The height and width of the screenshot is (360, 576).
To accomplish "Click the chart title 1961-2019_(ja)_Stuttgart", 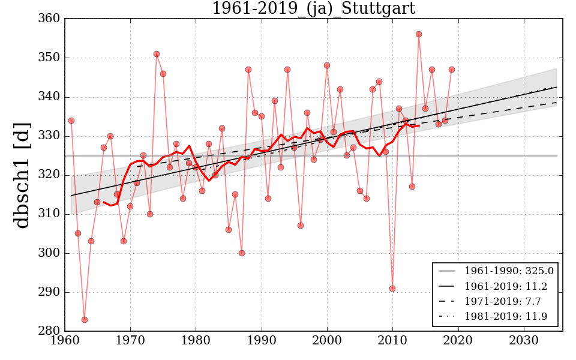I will pos(313,8).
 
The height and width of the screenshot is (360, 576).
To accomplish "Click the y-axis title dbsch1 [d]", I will pos(22,175).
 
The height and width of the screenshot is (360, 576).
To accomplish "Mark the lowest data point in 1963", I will pos(85,320).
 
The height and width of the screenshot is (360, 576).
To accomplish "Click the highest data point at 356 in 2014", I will pos(419,34).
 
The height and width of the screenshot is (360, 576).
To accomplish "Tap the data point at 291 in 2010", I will pos(392,289).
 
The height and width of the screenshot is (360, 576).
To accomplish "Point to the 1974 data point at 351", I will pos(157,54).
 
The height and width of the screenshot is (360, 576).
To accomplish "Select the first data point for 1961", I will pos(71,121).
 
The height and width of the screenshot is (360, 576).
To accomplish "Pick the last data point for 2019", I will pos(452,70).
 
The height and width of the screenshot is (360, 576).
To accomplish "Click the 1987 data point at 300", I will pos(242,253).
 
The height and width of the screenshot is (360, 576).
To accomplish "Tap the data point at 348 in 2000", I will pos(327,65).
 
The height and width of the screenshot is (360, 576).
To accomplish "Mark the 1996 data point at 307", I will pos(301,226).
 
